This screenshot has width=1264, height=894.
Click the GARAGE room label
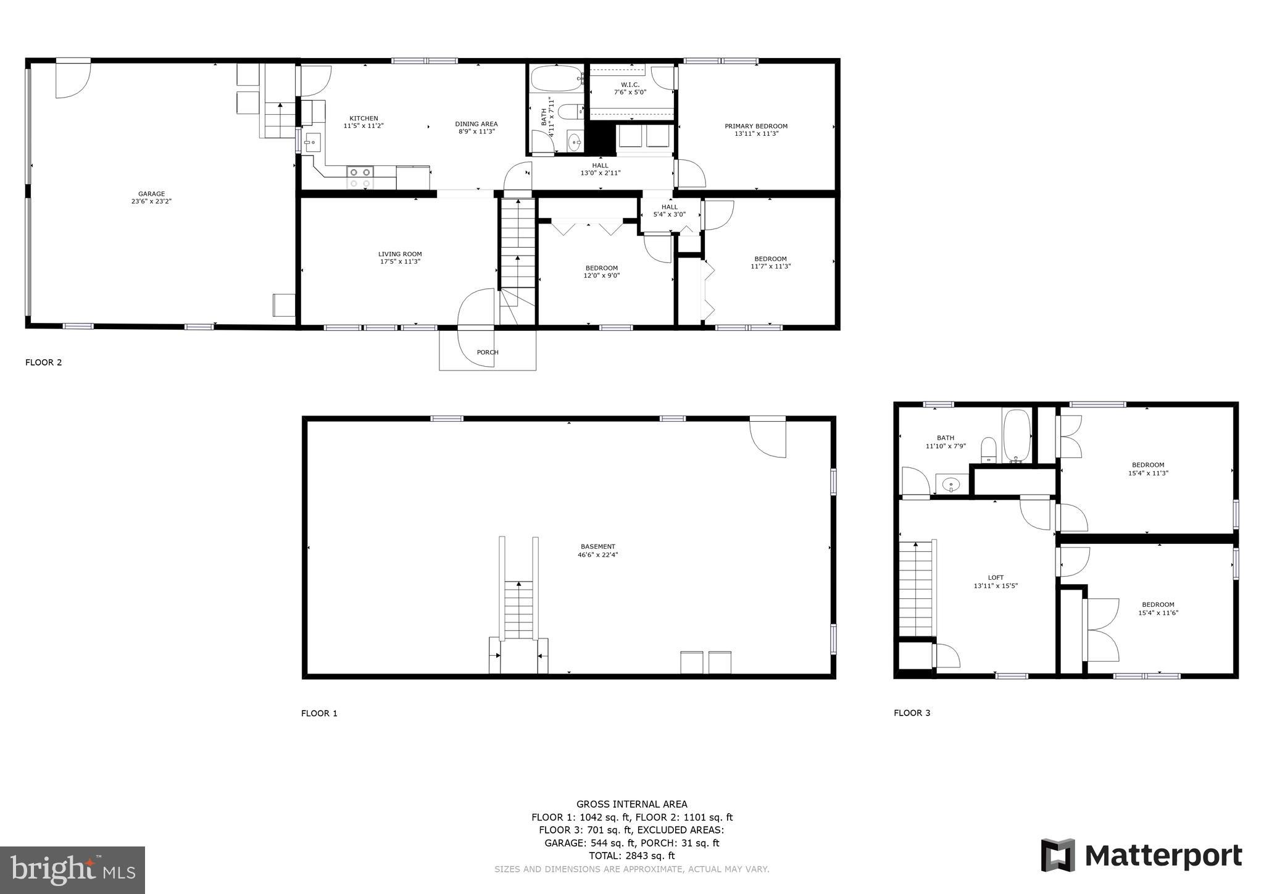pos(151,194)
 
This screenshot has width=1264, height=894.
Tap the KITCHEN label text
pos(364,119)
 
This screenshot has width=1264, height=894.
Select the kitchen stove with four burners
pos(360,178)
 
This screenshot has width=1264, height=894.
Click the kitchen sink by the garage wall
pos(312,143)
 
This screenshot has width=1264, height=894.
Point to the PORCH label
pos(488,353)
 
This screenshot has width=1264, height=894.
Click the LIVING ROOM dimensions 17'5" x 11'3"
pos(400,262)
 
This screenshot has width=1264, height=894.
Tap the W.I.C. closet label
pos(630,85)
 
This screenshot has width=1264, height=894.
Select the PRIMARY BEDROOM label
pos(756,126)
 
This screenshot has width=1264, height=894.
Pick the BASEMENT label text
pos(597,546)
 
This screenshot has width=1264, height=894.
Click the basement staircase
pos(519,611)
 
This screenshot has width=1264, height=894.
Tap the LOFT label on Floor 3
pos(996,578)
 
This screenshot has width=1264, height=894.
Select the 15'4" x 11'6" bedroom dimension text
pos(1158,613)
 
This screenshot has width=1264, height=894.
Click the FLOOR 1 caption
pos(319,713)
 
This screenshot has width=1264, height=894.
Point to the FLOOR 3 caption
pos(912,712)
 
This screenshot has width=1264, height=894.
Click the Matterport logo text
pos(1163,856)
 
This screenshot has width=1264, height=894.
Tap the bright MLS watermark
pos(73,871)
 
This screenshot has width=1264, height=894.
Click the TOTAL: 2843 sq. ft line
pos(631,856)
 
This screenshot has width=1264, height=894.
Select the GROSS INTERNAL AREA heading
pos(631,804)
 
